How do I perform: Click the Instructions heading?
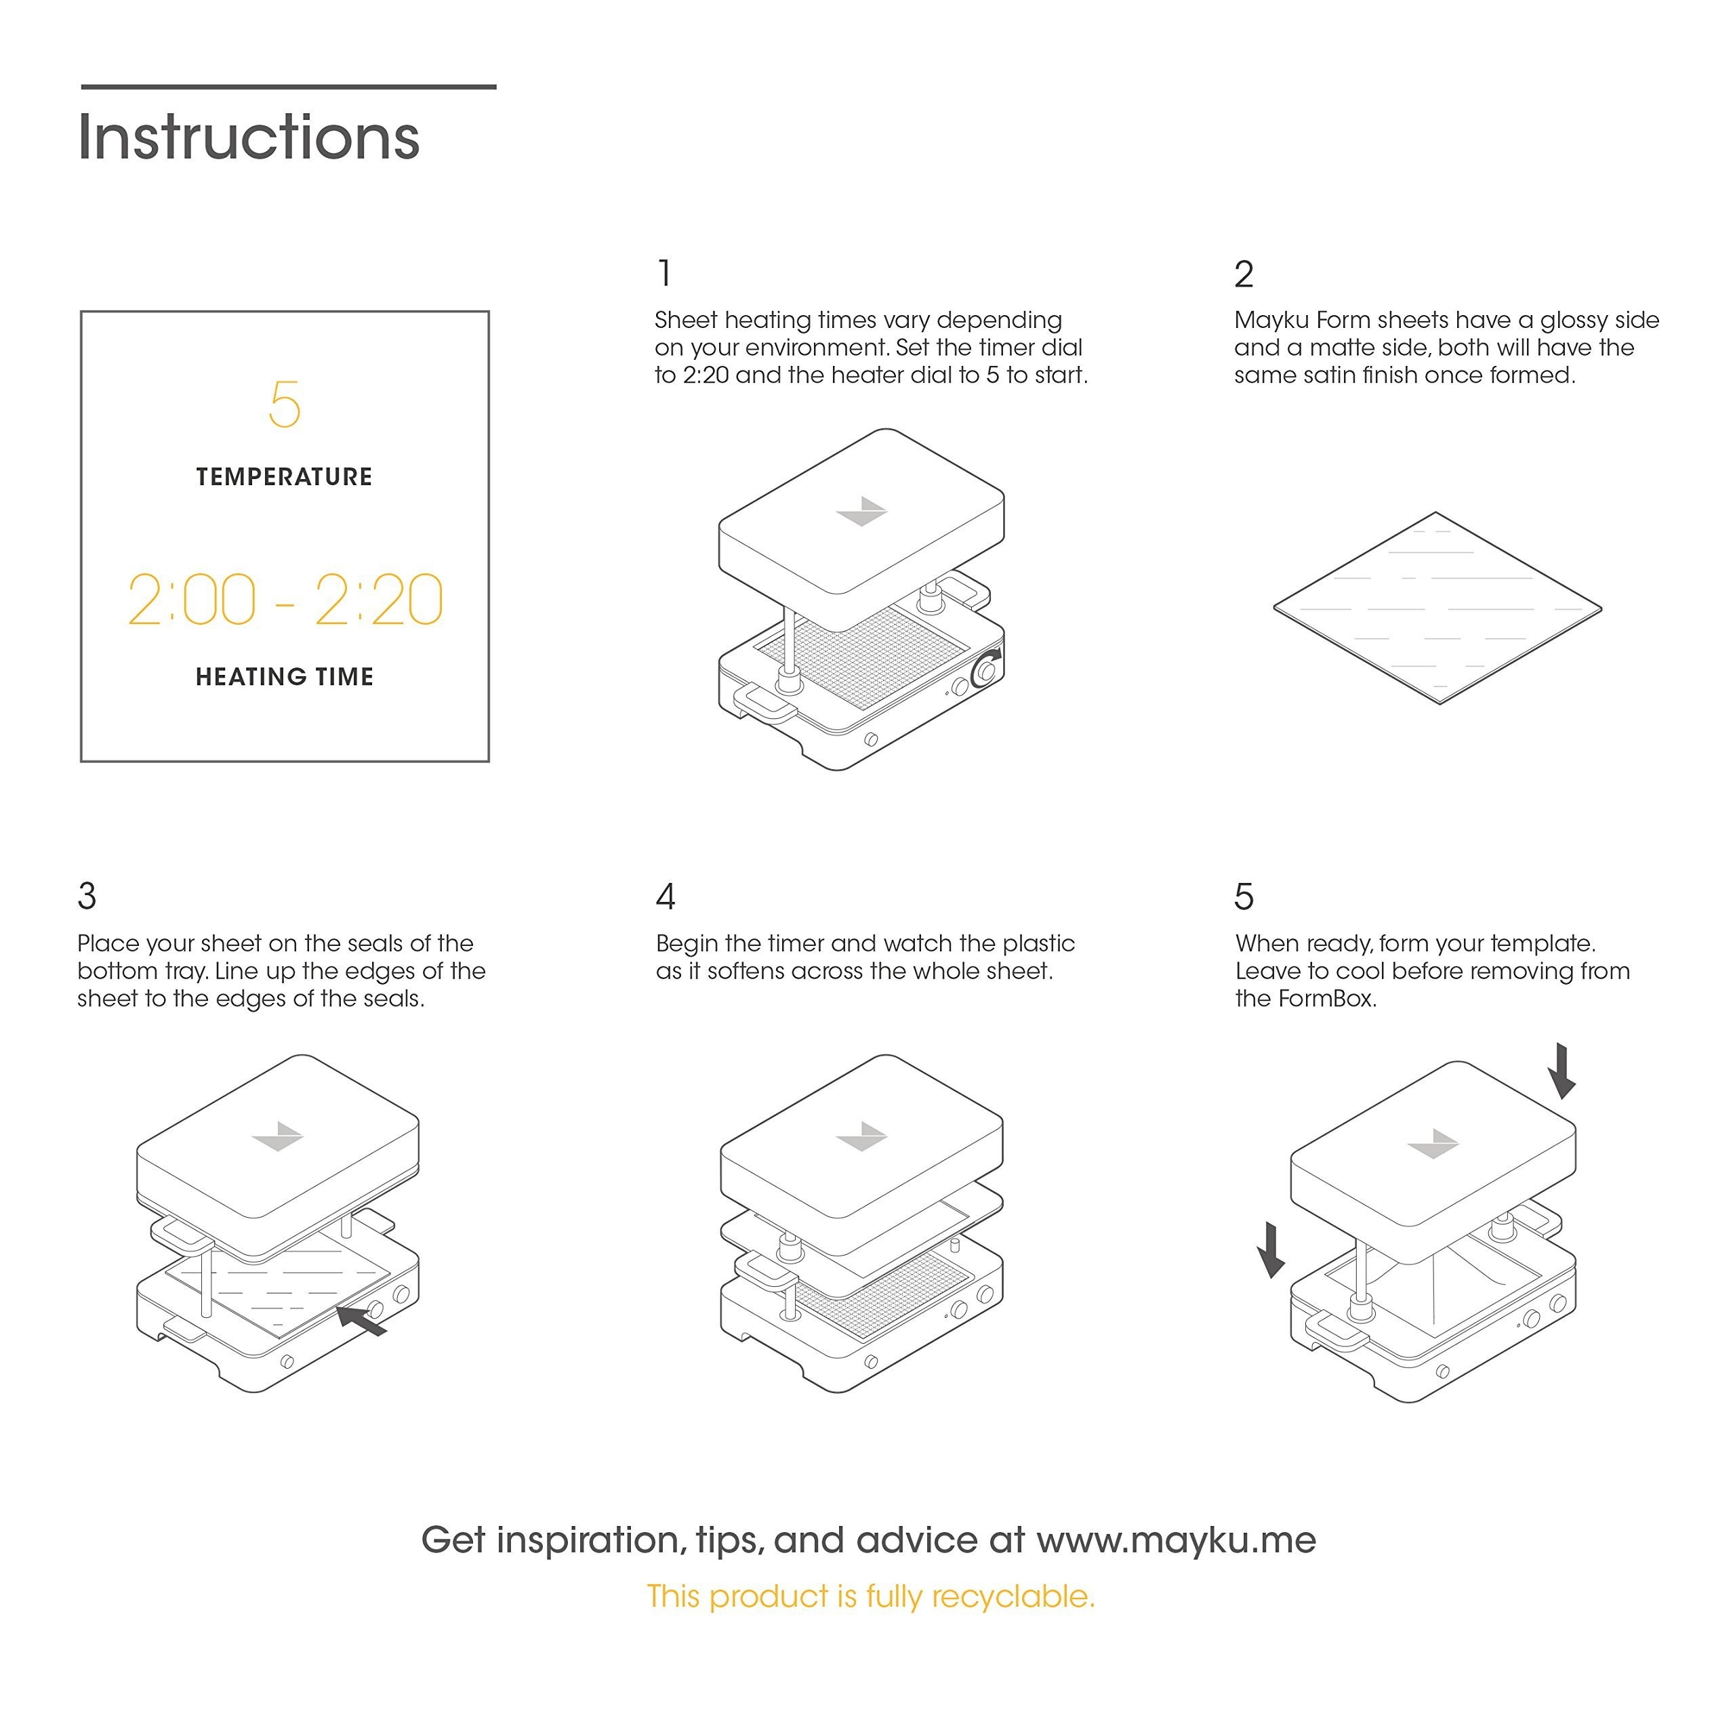pyautogui.click(x=249, y=138)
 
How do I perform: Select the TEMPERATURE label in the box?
pyautogui.click(x=284, y=477)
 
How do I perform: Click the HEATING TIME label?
pyautogui.click(x=285, y=676)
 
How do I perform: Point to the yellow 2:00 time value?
pyautogui.click(x=192, y=600)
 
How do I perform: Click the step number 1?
pyautogui.click(x=665, y=274)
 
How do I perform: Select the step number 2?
pyautogui.click(x=1243, y=274)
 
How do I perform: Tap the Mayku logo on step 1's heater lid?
pyautogui.click(x=861, y=512)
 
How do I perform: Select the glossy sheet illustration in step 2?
pyautogui.click(x=1437, y=608)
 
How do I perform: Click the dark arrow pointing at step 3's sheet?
pyautogui.click(x=362, y=1320)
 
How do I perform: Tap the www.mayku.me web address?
pyautogui.click(x=1177, y=1540)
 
